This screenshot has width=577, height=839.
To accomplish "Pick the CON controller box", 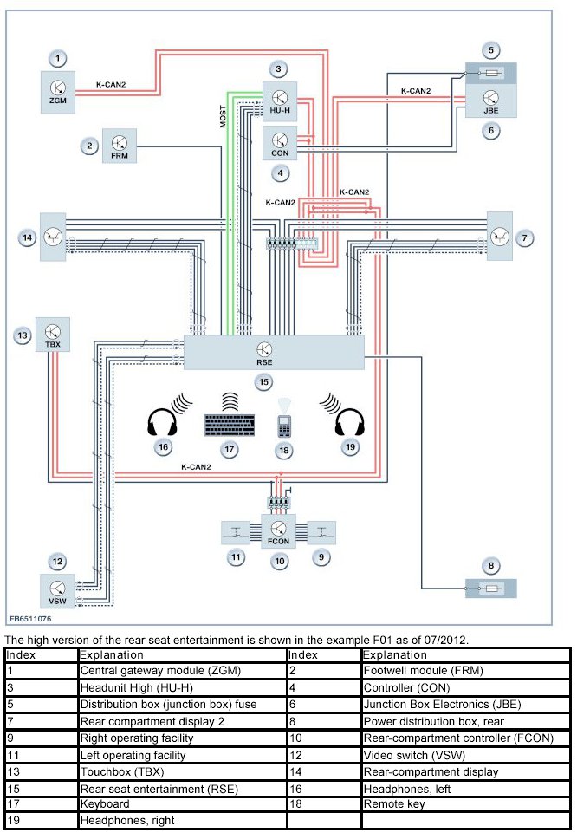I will pyautogui.click(x=280, y=142).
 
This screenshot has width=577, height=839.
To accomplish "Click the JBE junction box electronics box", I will pyautogui.click(x=490, y=101).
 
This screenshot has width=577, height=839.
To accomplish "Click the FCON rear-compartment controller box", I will pyautogui.click(x=278, y=530).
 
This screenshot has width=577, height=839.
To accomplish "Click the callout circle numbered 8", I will pyautogui.click(x=490, y=566).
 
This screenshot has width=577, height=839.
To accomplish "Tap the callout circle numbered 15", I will pyautogui.click(x=263, y=380).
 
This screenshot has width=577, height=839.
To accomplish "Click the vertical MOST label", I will pyautogui.click(x=223, y=120).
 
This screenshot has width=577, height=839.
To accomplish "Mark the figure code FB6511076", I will pyautogui.click(x=30, y=620).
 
